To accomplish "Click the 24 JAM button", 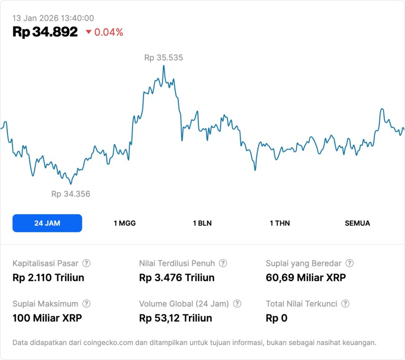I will (x=47, y=223).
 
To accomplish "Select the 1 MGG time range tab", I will (x=125, y=223).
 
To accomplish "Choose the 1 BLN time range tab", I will (x=202, y=223).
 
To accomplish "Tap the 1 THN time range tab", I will (x=280, y=223).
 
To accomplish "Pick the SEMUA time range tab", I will (x=357, y=223).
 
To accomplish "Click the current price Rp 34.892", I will (x=45, y=32).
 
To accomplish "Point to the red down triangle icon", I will (x=88, y=32).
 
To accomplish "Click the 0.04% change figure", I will (x=108, y=32).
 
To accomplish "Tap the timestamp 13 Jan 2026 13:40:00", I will (x=53, y=18).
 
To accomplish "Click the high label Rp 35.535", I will (x=163, y=58).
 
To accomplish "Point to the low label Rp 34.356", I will (x=71, y=194).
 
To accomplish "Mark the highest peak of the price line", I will (x=163, y=66).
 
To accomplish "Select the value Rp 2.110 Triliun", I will (x=48, y=278).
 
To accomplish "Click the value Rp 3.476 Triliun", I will (x=177, y=278).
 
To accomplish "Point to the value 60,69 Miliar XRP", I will (x=306, y=278).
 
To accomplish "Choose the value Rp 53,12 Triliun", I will (x=175, y=318).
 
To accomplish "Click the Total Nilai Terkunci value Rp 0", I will (x=276, y=318).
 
